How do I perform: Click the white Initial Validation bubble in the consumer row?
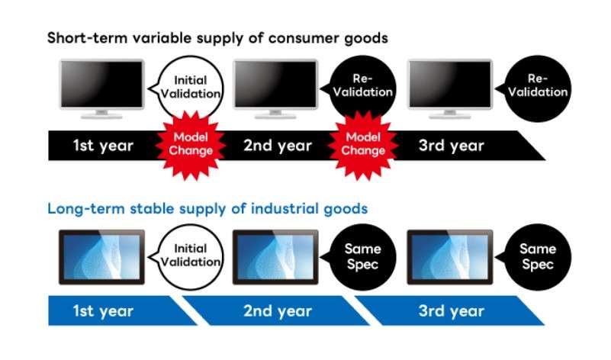190,87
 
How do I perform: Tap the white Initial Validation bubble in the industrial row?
190,256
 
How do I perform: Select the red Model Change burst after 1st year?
191,145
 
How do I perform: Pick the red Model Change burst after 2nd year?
363,145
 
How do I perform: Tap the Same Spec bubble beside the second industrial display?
362,256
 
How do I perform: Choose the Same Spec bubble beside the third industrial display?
538,256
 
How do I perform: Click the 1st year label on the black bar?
103,146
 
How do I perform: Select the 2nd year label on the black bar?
278,146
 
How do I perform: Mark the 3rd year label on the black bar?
452,146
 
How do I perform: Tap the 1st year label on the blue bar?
103,311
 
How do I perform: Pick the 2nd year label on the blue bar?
278,311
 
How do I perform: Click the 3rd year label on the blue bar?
452,311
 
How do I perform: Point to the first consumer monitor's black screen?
101,84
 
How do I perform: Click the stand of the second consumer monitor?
275,114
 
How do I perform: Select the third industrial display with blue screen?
450,257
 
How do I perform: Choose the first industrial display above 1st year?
101,257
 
